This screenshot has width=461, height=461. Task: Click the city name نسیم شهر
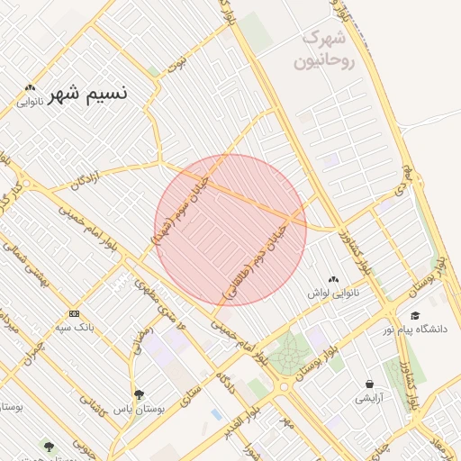(x=87, y=93)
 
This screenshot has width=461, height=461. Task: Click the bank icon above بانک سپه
(x=73, y=312)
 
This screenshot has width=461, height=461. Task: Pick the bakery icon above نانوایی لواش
(x=334, y=279)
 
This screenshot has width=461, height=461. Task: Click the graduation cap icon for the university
(x=415, y=315)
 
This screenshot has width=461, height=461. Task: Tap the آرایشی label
(x=369, y=397)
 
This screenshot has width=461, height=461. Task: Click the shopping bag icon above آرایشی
(x=369, y=384)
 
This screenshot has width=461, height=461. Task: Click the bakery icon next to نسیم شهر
(x=31, y=88)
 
